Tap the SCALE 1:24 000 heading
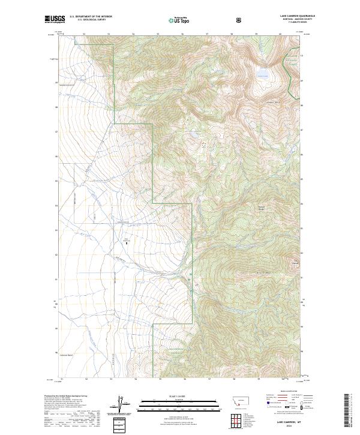[167, 396]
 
